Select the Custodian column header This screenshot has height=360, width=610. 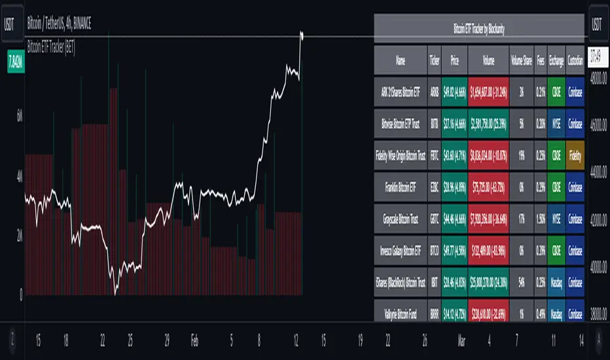point(576,61)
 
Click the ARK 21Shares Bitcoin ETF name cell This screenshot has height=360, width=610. point(401,92)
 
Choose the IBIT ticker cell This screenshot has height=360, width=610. point(435,283)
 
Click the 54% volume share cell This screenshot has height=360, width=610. point(522,283)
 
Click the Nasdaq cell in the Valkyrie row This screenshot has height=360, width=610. point(557,312)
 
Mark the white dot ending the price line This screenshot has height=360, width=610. point(302,33)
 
